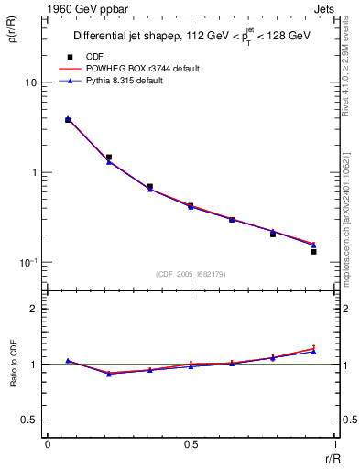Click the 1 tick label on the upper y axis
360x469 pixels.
click(x=33, y=172)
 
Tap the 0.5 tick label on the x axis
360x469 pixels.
click(x=191, y=443)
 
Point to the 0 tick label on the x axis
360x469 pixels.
click(x=48, y=443)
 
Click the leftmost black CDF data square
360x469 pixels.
click(x=68, y=120)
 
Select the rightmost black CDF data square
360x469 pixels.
click(x=313, y=251)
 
